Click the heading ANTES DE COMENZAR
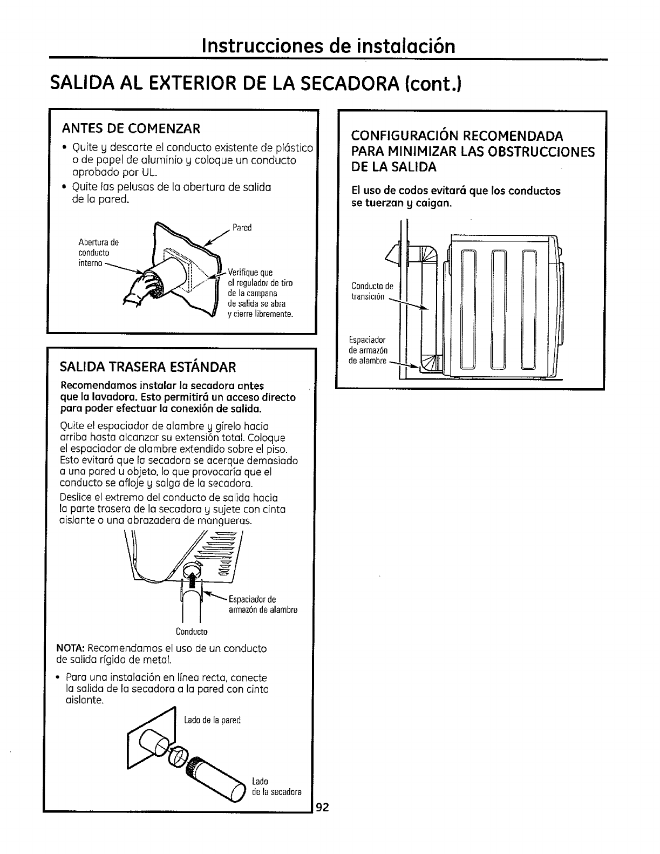pyautogui.click(x=132, y=128)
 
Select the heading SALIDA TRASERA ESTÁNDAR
pyautogui.click(x=148, y=368)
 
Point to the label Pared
pyautogui.click(x=242, y=228)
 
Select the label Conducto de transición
pyautogui.click(x=372, y=292)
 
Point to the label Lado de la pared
pyautogui.click(x=212, y=720)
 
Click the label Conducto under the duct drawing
pyautogui.click(x=192, y=631)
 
